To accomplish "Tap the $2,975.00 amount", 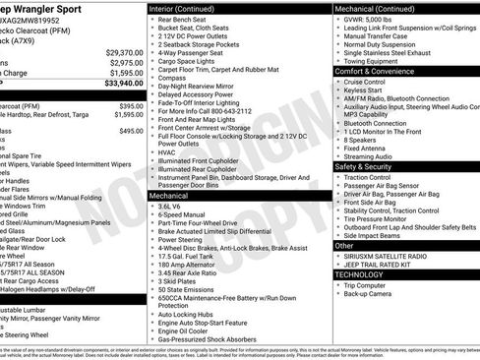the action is coord(125,62).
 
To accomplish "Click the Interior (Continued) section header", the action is coord(192,9).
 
